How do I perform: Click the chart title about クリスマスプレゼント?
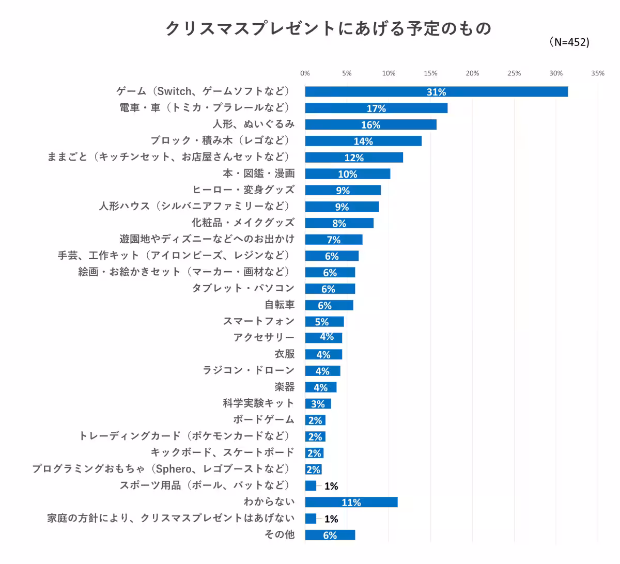pos(328,28)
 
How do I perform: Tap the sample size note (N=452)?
pos(569,42)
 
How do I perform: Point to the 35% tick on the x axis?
pos(597,73)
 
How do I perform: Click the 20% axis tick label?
pos(472,73)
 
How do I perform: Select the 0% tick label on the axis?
pos(305,73)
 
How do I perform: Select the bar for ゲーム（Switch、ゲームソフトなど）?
pos(436,92)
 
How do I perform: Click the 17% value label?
pos(376,108)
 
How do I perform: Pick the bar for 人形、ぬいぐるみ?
pos(370,124)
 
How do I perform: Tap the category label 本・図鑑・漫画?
pos(258,174)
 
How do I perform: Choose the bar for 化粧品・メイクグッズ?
pos(339,223)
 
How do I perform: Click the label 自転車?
pos(279,305)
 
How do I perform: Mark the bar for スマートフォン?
pos(324,322)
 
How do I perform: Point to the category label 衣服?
pos(284,354)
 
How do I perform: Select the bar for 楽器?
pos(320,387)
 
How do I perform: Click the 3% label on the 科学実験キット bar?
pos(318,404)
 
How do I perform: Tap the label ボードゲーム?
pos(263,419)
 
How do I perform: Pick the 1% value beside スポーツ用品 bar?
pos(331,486)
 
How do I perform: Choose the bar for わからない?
pos(351,502)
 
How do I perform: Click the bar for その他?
pos(330,535)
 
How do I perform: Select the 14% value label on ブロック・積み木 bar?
pos(363,142)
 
